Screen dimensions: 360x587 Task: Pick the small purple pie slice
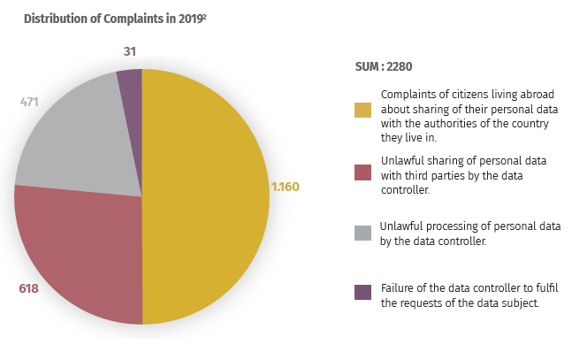click(x=129, y=84)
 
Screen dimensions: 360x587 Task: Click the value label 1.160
click(x=286, y=187)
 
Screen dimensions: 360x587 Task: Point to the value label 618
click(x=30, y=288)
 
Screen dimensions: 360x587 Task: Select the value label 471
click(x=30, y=102)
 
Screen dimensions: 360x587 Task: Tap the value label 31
click(x=129, y=51)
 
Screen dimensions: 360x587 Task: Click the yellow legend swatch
click(x=362, y=110)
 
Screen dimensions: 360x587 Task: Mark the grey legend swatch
click(x=362, y=233)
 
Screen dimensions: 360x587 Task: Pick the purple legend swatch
click(x=362, y=292)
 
